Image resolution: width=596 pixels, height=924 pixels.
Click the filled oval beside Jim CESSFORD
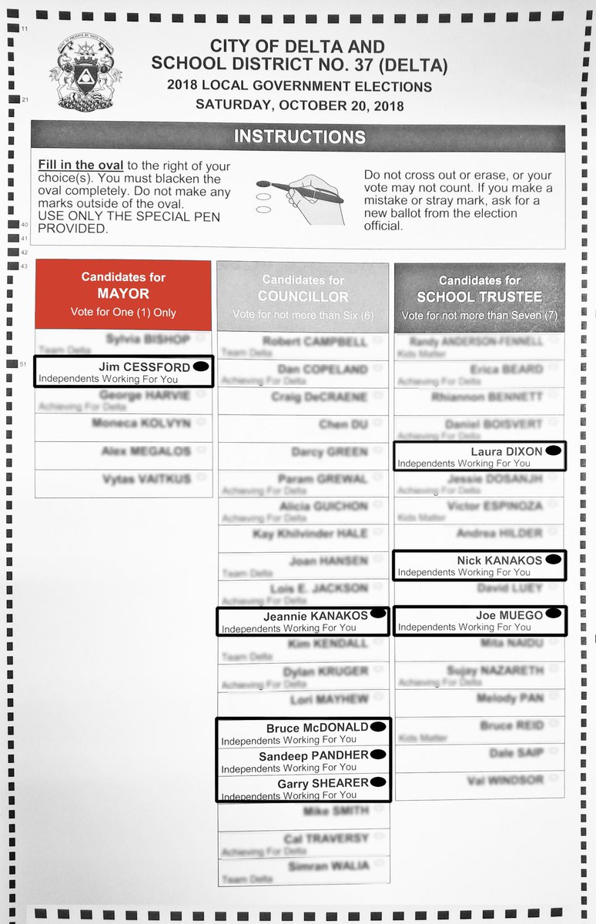[200, 367]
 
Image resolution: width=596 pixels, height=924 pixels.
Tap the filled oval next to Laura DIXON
[554, 451]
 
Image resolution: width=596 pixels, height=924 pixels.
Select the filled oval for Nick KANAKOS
[554, 561]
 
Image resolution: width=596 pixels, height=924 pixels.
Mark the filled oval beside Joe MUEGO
[554, 614]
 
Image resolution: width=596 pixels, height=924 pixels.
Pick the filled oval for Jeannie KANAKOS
[377, 614]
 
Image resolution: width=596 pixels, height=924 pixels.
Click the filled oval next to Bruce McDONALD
[378, 726]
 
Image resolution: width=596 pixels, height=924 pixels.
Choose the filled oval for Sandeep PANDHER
[378, 755]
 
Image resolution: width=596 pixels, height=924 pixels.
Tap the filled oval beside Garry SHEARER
[378, 782]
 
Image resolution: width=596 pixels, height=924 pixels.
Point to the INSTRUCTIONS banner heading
[299, 137]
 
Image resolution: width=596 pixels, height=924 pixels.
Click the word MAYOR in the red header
[122, 294]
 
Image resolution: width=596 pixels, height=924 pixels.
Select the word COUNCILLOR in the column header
[303, 296]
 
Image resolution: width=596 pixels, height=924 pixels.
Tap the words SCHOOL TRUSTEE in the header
[479, 296]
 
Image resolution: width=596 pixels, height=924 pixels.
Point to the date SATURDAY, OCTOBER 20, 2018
[299, 105]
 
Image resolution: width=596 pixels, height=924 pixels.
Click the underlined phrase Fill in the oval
[81, 166]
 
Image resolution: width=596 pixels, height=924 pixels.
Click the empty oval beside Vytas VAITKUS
[202, 478]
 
